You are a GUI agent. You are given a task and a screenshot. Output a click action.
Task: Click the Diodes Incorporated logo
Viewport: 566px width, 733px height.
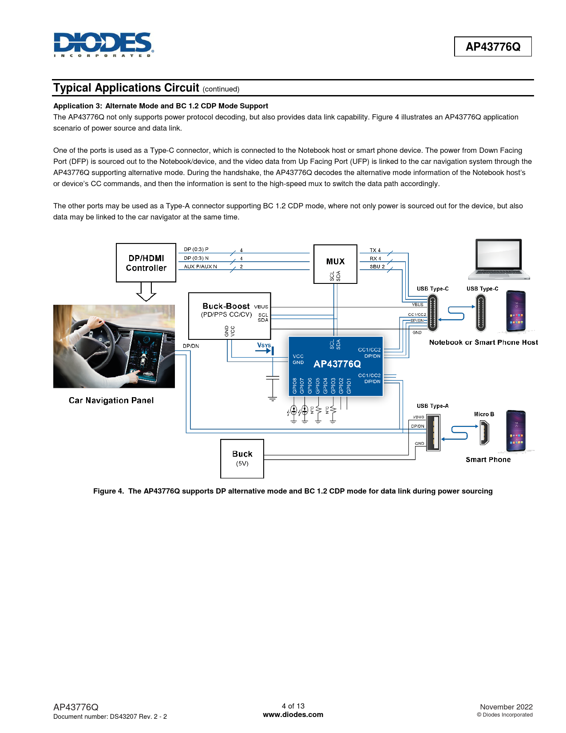click(103, 44)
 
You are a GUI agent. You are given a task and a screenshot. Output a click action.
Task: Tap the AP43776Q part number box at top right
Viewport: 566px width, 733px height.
click(493, 47)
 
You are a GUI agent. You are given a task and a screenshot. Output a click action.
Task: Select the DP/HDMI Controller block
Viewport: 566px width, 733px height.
click(146, 263)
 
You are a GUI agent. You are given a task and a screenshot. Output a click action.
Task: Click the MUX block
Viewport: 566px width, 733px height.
click(335, 263)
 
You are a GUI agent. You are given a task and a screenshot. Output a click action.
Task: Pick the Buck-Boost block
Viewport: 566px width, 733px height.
click(230, 315)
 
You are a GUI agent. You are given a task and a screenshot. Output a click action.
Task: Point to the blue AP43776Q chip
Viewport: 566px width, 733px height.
click(336, 366)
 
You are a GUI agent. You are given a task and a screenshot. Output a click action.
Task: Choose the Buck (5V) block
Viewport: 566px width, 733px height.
click(242, 458)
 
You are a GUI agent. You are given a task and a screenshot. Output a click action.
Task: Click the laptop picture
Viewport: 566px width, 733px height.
click(499, 260)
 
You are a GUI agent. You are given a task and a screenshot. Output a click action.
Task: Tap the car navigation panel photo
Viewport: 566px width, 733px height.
click(114, 346)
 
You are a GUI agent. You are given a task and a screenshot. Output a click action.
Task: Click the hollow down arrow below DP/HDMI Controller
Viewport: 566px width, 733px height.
click(146, 292)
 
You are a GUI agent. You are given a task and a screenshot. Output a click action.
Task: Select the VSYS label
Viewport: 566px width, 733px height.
click(264, 345)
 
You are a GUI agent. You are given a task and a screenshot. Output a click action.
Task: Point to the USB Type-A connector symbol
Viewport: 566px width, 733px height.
click(433, 433)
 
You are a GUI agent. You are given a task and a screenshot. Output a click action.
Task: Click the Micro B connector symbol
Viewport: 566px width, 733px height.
click(484, 433)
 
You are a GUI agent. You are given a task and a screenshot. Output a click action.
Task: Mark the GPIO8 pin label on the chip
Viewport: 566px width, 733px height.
click(295, 386)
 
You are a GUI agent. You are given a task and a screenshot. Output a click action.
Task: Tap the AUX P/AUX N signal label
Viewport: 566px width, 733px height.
click(201, 267)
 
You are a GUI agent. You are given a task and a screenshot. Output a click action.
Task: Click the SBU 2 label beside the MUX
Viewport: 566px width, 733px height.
click(377, 267)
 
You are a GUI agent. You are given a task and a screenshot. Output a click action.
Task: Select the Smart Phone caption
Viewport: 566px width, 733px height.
click(488, 460)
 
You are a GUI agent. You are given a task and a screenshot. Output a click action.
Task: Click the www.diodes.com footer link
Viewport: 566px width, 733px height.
click(293, 714)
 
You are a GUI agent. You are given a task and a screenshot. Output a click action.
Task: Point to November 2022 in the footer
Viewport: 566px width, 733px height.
click(506, 707)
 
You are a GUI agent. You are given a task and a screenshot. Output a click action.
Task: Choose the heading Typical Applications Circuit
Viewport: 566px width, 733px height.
click(127, 88)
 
